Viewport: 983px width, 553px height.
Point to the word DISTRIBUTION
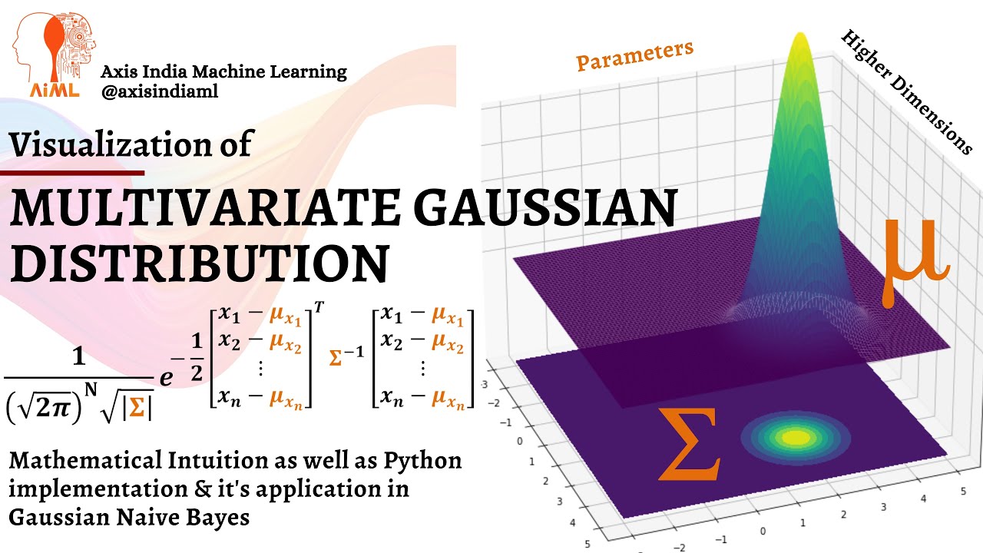pyautogui.click(x=197, y=263)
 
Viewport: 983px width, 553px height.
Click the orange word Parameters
pyautogui.click(x=634, y=55)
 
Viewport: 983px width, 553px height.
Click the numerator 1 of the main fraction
pyautogui.click(x=78, y=357)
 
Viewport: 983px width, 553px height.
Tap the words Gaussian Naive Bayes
pyautogui.click(x=129, y=518)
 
